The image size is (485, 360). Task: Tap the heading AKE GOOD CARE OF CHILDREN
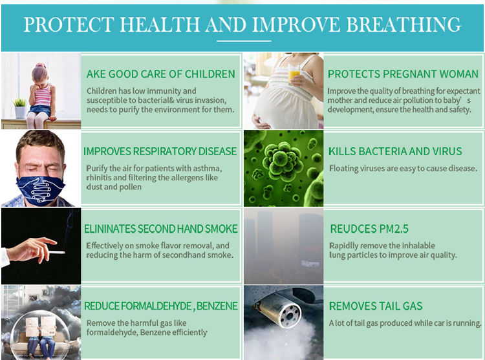point(160,74)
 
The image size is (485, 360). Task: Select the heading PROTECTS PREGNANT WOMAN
point(404,74)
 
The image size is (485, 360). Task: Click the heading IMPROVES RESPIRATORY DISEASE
point(160,151)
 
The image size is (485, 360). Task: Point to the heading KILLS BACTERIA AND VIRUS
point(395,151)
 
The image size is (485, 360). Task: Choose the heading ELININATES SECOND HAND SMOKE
point(160,229)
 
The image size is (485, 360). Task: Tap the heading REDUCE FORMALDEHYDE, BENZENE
point(160,306)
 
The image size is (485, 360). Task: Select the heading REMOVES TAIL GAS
point(375,306)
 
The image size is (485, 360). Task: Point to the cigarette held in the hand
point(56,251)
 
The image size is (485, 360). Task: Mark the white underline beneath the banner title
point(242,41)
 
